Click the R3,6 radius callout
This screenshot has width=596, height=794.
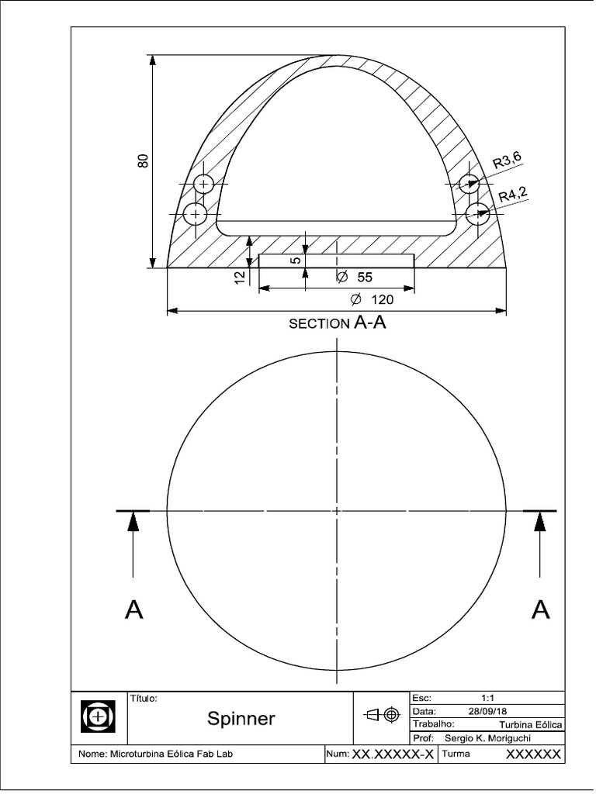(x=508, y=161)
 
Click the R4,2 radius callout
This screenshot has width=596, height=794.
(x=512, y=195)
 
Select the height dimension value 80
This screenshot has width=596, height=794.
(x=143, y=161)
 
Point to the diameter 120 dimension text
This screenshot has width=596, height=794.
(x=372, y=299)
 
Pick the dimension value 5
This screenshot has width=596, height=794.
(x=295, y=261)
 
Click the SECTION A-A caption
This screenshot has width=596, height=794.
(x=337, y=323)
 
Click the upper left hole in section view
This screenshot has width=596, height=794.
(x=204, y=185)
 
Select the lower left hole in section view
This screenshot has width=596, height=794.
(x=196, y=214)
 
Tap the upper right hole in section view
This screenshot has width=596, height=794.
(x=468, y=184)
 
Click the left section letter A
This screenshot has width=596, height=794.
(x=133, y=611)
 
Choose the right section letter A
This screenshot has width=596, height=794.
(x=540, y=611)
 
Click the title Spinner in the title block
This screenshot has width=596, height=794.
(x=241, y=719)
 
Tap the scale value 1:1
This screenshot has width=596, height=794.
(x=489, y=698)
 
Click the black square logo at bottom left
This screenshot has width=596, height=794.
(x=98, y=716)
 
